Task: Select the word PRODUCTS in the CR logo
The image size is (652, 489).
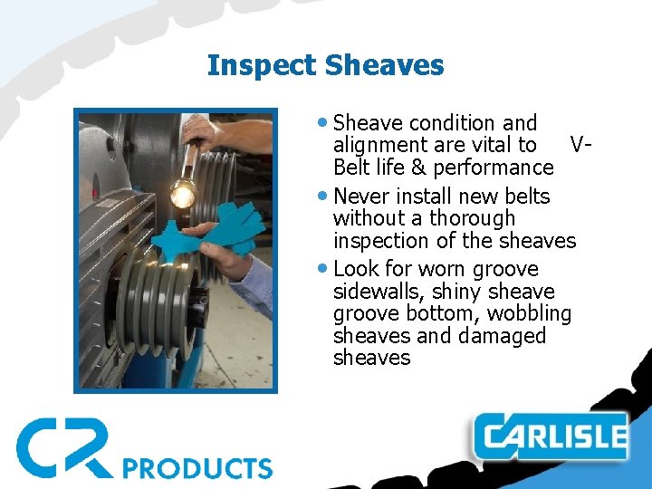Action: (x=197, y=467)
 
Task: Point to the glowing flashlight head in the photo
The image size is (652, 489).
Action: (x=185, y=193)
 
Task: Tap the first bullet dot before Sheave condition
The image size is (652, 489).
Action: (x=325, y=123)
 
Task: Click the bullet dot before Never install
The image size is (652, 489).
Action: (x=325, y=197)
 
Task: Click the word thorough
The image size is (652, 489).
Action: (x=472, y=218)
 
